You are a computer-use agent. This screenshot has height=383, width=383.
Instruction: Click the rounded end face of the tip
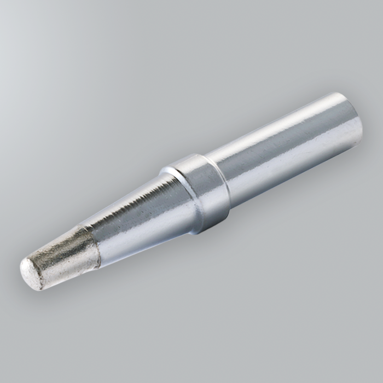pos(30,273)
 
